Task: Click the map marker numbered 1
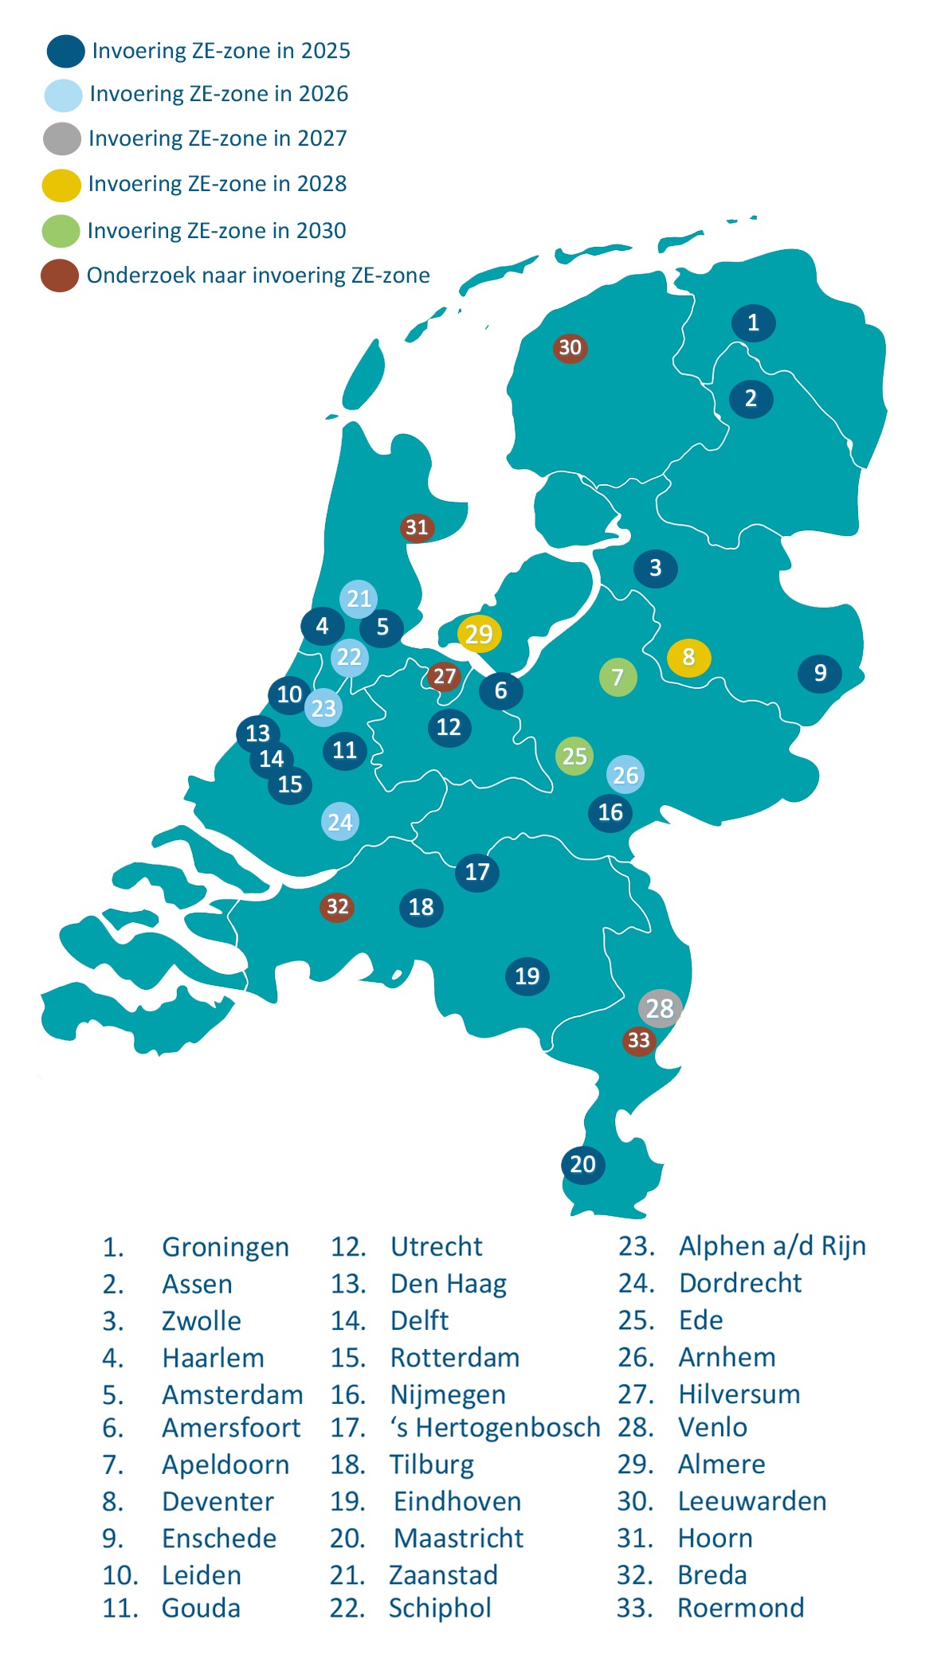753,323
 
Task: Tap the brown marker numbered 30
570,348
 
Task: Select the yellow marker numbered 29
479,634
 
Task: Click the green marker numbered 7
618,678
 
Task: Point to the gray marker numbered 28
660,1008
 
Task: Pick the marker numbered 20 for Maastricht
583,1164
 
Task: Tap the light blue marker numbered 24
340,822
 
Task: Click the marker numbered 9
820,674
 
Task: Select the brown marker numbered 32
337,907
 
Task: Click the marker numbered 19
527,976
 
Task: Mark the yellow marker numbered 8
688,658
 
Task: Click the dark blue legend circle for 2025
65,51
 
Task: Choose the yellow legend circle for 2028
61,185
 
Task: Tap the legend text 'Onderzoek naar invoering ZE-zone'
258,276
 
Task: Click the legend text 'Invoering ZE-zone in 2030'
217,231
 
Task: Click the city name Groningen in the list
225,1247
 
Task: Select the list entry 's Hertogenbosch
495,1428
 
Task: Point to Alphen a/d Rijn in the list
772,1246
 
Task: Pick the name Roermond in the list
740,1608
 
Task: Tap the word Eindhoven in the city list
457,1502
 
